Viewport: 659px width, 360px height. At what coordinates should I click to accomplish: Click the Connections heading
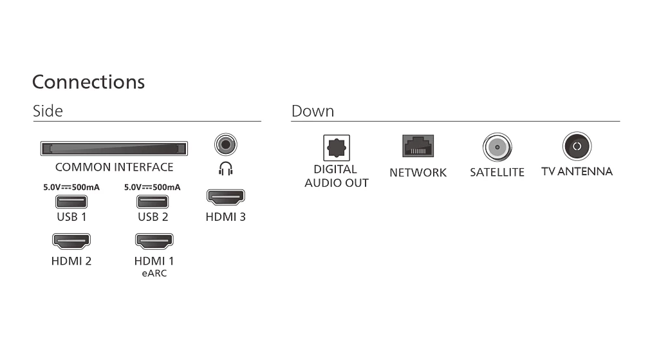[x=88, y=82]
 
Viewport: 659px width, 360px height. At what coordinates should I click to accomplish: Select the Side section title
[x=48, y=111]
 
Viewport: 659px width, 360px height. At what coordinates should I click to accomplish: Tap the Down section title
[x=313, y=111]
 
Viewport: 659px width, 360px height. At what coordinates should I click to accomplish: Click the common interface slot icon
[x=114, y=149]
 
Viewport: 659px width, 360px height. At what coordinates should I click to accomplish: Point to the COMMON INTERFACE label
[x=115, y=167]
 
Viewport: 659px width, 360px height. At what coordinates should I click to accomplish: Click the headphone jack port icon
[x=226, y=145]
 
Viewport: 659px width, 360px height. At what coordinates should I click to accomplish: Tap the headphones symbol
[x=226, y=169]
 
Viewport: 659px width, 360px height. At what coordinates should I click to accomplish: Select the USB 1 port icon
[x=71, y=202]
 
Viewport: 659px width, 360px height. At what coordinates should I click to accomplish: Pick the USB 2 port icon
[x=153, y=202]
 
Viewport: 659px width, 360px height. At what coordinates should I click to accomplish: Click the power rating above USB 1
[x=71, y=187]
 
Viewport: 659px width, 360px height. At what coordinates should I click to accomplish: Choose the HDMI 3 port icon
[x=226, y=197]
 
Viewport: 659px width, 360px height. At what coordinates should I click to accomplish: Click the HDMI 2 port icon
[x=71, y=241]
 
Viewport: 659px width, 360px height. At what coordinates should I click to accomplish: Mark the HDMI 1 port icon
[x=154, y=241]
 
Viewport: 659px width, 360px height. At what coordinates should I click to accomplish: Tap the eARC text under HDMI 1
[x=154, y=273]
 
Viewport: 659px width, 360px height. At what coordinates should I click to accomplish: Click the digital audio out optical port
[x=336, y=147]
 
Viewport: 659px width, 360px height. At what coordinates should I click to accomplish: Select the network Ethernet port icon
[x=418, y=146]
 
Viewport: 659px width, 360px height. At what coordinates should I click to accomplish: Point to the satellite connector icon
[x=497, y=147]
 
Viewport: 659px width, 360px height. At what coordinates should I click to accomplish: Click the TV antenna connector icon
[x=577, y=146]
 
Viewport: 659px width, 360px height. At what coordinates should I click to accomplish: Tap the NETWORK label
[x=418, y=173]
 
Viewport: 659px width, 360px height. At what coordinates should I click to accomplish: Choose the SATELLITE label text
[x=497, y=173]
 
